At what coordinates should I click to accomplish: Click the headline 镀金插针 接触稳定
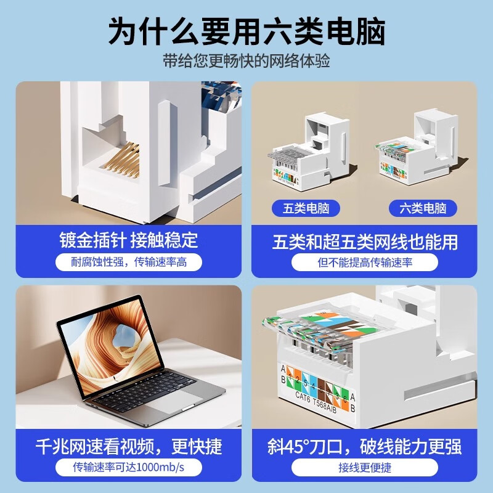tap(129, 240)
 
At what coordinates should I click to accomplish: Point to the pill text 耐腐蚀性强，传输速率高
tap(129, 263)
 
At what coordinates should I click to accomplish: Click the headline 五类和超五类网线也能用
tap(365, 241)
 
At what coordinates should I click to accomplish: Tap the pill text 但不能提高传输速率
tap(365, 263)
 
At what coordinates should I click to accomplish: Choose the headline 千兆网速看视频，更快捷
tap(129, 445)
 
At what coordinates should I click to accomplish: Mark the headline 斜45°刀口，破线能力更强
tap(365, 446)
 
